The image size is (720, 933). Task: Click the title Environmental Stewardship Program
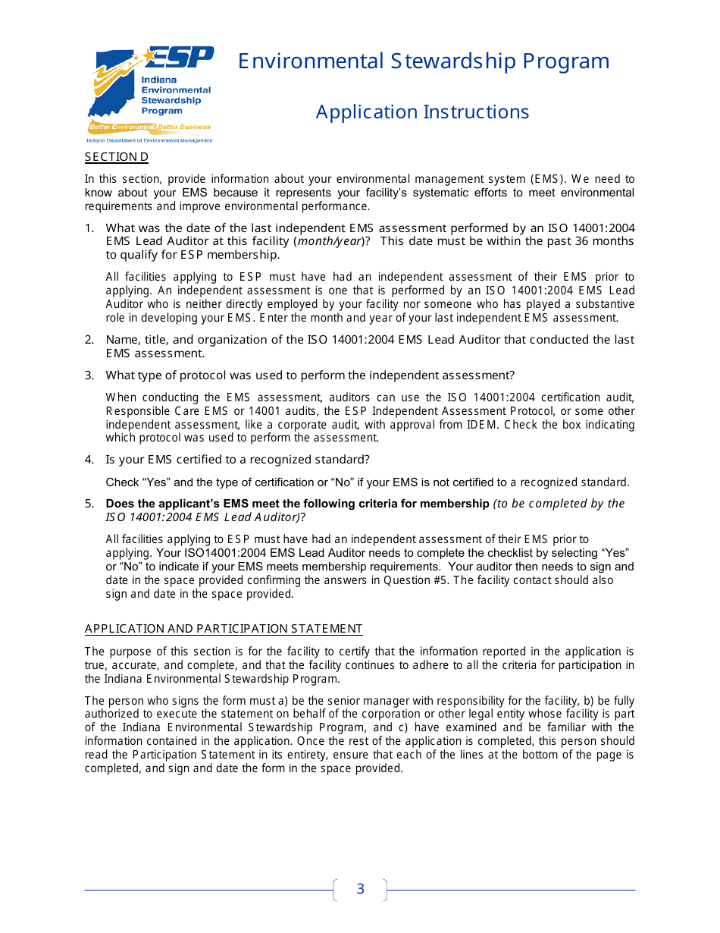[424, 61]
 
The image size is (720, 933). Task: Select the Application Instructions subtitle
[422, 112]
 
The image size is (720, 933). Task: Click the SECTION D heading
[116, 157]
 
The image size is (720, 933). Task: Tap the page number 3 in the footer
[360, 889]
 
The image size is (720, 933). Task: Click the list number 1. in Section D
[89, 228]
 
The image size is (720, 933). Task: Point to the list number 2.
[89, 340]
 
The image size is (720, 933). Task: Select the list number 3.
[89, 375]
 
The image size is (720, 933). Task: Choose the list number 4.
[89, 460]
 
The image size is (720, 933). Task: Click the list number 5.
[89, 504]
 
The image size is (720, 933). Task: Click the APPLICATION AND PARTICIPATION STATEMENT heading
[224, 629]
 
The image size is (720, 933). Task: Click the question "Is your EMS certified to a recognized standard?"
[237, 460]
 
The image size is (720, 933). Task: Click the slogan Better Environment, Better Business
[150, 127]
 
